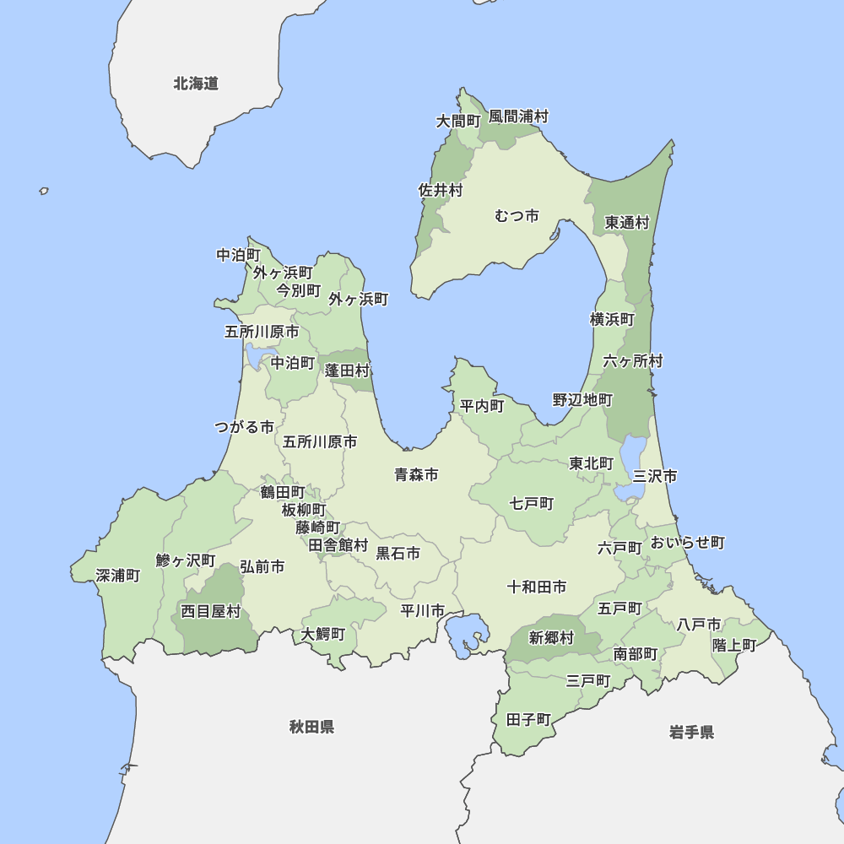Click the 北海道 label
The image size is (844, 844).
click(x=196, y=84)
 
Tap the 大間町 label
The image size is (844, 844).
click(x=457, y=122)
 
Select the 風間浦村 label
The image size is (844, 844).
click(x=518, y=116)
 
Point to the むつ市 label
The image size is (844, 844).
click(x=517, y=216)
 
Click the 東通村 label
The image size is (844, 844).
click(x=627, y=223)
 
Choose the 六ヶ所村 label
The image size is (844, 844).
click(x=633, y=361)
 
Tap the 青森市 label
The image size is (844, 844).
click(x=416, y=475)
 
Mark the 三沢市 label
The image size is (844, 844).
click(x=655, y=476)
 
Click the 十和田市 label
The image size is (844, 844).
click(x=537, y=587)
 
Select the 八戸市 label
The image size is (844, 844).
click(x=699, y=625)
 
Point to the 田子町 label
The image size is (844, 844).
click(x=528, y=720)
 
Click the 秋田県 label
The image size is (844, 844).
click(x=311, y=727)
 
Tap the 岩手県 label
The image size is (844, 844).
click(x=691, y=732)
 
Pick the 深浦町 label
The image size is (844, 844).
click(x=118, y=576)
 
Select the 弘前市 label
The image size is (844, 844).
click(x=262, y=567)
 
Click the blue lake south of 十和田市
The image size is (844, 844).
click(x=465, y=635)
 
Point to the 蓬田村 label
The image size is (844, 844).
click(x=348, y=371)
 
